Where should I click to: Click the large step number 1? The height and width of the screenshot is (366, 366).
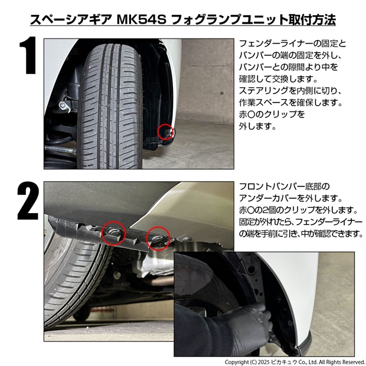28,55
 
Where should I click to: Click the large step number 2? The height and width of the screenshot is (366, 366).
28,201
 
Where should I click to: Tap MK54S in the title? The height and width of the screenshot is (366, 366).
141,19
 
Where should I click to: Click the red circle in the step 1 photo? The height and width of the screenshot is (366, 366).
165,132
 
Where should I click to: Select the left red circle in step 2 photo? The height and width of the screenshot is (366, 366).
114,233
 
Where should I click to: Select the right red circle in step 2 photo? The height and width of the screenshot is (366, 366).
158,238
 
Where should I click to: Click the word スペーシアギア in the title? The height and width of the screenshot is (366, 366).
70,19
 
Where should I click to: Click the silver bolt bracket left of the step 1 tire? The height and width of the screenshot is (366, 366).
64,106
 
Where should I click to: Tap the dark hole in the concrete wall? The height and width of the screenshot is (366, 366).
221,93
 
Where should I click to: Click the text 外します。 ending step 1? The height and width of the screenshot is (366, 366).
257,126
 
